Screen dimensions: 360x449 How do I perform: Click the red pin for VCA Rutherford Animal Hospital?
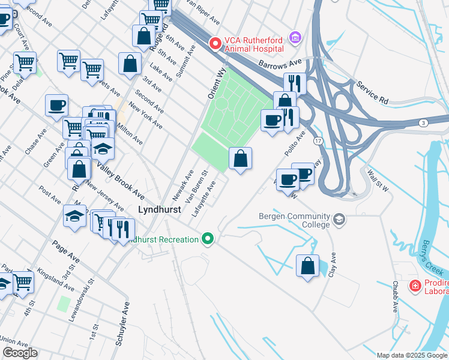(214, 43)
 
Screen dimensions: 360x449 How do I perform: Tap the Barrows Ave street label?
(280, 63)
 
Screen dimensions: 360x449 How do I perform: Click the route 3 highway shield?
(424, 123)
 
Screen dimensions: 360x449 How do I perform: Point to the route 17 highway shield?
(318, 140)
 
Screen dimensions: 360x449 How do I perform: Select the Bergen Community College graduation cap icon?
(340, 220)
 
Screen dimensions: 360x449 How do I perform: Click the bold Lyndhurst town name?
(159, 210)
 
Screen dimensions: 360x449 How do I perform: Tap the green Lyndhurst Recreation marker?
(208, 239)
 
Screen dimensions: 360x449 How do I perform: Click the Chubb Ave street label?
(395, 296)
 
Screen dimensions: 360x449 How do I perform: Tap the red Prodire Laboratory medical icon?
(414, 286)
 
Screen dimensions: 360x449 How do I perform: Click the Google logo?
(20, 353)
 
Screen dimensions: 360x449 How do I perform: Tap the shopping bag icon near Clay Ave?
(308, 266)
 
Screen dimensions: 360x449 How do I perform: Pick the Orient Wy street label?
(215, 82)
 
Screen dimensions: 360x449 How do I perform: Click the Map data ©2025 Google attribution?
(411, 355)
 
